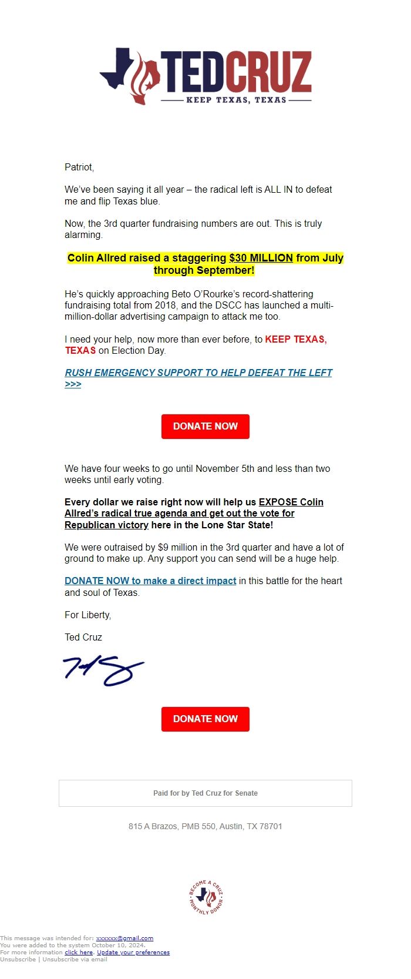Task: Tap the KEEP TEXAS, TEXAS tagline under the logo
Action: point(236,100)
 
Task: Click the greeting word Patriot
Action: point(79,167)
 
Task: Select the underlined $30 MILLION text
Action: point(261,257)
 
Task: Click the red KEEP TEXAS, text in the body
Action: point(295,339)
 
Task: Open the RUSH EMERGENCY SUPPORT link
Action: point(198,373)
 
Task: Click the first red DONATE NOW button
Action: point(206,426)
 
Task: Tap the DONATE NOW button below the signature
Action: point(206,719)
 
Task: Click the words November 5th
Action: point(225,468)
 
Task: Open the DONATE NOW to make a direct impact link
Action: point(150,581)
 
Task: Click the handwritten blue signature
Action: point(103,670)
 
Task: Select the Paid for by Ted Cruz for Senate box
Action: point(206,793)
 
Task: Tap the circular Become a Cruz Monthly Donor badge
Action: point(206,897)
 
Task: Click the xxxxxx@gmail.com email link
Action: point(124,938)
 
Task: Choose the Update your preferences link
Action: point(133,953)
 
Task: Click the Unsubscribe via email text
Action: point(75,960)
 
